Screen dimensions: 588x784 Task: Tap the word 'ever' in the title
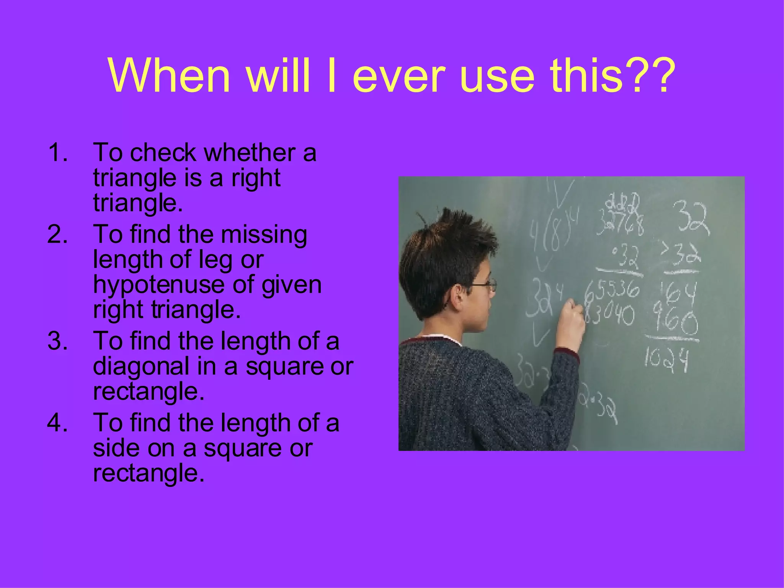(399, 77)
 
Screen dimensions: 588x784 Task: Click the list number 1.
(57, 152)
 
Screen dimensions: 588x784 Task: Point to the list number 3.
(57, 341)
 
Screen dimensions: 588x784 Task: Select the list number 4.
(57, 423)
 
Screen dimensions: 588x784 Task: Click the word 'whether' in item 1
(249, 152)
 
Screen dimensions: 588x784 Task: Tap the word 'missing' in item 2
(264, 234)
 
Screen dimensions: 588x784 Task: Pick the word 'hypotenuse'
(160, 285)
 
